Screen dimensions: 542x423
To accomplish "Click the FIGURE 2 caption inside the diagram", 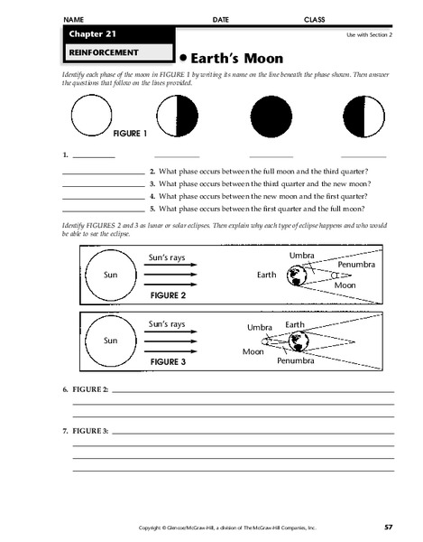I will (x=167, y=295).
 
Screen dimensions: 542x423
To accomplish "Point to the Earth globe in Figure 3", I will (x=298, y=341).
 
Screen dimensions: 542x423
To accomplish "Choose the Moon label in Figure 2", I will (x=345, y=285).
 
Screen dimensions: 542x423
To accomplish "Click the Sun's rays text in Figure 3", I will (x=166, y=323).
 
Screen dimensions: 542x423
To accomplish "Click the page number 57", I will (x=388, y=526).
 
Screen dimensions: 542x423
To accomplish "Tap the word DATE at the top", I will (x=221, y=19).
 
